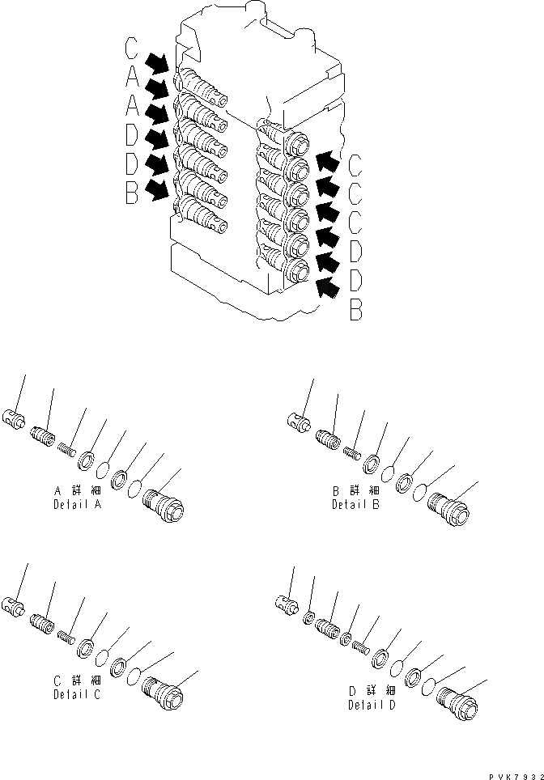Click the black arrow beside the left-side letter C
(x=159, y=63)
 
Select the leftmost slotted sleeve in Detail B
(x=298, y=420)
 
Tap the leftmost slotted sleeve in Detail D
(x=287, y=600)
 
